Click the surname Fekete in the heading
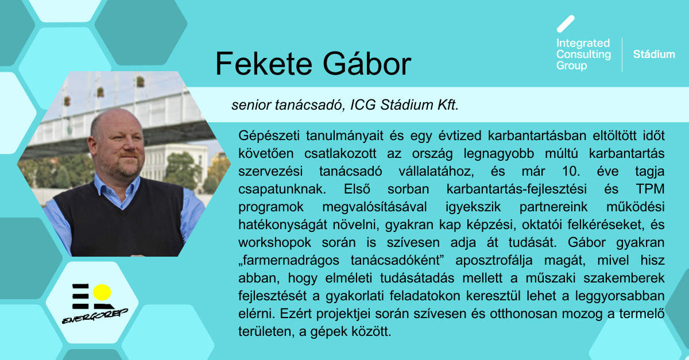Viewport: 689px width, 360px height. (x=264, y=64)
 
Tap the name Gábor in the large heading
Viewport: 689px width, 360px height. (x=367, y=63)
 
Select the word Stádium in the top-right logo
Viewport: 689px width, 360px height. (x=654, y=55)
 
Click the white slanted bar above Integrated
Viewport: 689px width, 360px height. (x=566, y=24)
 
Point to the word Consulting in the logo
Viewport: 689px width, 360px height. (x=583, y=55)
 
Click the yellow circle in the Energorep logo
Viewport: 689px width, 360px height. (x=102, y=292)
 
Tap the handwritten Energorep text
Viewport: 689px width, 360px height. (x=95, y=316)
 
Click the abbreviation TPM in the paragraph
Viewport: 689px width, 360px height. (x=650, y=189)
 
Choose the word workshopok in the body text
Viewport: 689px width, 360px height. (x=274, y=243)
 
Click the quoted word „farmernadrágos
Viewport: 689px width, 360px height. (x=289, y=261)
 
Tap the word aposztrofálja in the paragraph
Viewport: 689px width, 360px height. (x=494, y=261)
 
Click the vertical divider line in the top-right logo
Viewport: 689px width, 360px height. (x=622, y=55)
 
